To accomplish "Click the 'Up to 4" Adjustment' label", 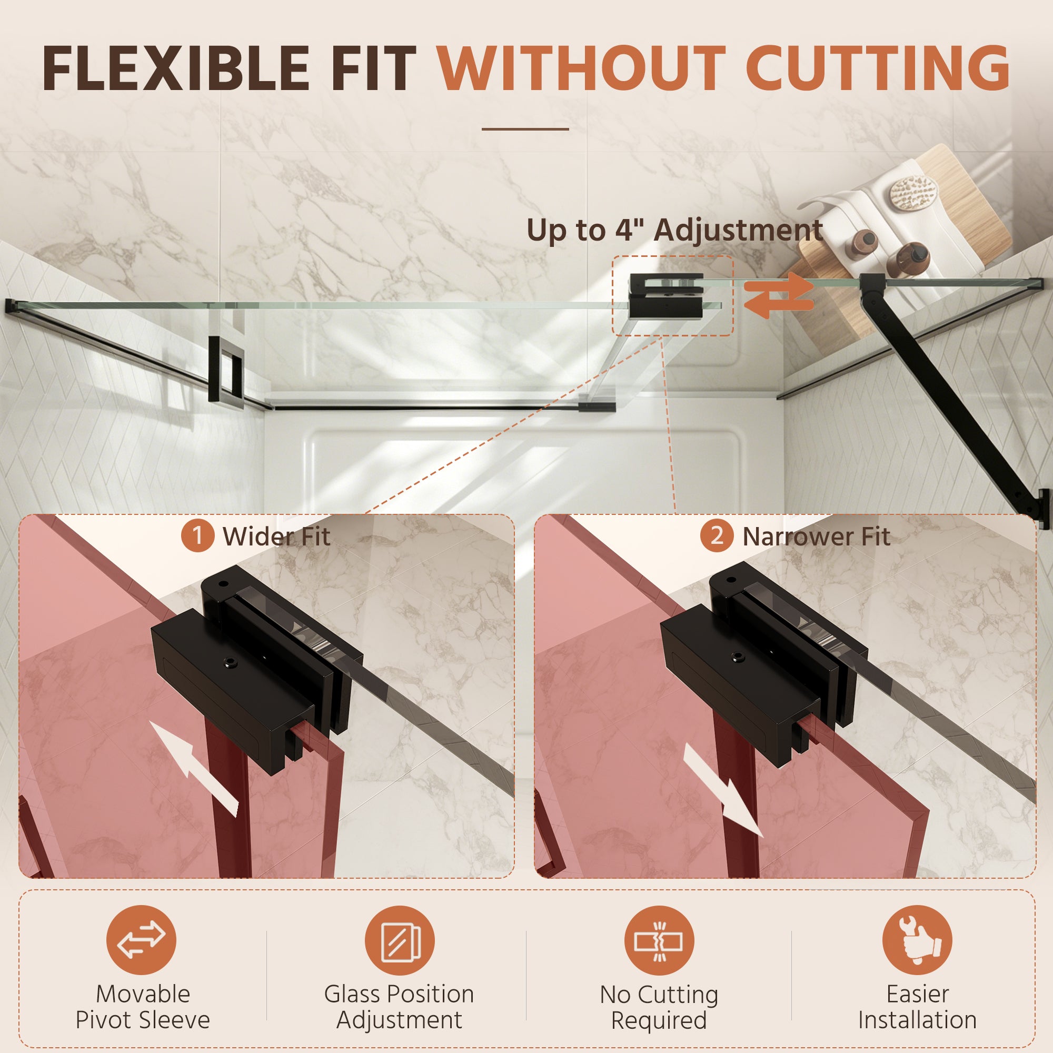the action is pyautogui.click(x=674, y=231).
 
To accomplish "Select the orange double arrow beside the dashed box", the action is pyautogui.click(x=779, y=295).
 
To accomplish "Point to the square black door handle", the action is pyautogui.click(x=225, y=369).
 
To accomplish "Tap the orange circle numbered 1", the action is pyautogui.click(x=197, y=536).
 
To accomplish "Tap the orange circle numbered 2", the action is pyautogui.click(x=717, y=536).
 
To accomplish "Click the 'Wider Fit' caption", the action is pyautogui.click(x=276, y=537).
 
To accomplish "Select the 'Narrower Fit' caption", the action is pyautogui.click(x=817, y=537).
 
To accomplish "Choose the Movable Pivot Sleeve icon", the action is pyautogui.click(x=141, y=940).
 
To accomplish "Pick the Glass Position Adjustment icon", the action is pyautogui.click(x=400, y=940).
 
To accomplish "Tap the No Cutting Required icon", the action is pyautogui.click(x=659, y=940).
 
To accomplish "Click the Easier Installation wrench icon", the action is pyautogui.click(x=917, y=940).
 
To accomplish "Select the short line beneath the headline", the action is pyautogui.click(x=525, y=129).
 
